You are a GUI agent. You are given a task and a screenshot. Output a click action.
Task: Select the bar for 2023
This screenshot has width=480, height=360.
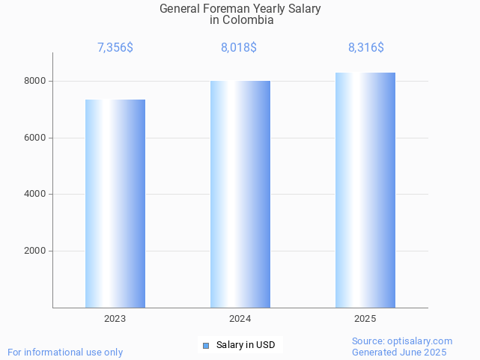(x=115, y=204)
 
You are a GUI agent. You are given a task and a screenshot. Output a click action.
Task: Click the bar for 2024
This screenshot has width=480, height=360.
(x=240, y=194)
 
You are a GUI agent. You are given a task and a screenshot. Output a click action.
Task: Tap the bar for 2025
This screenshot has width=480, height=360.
(x=365, y=190)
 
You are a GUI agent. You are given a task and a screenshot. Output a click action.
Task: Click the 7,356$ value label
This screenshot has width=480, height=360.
(x=115, y=48)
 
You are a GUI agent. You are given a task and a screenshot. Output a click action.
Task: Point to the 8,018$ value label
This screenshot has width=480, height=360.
(x=239, y=48)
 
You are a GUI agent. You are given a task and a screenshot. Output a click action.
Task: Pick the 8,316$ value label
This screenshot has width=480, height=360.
(x=365, y=48)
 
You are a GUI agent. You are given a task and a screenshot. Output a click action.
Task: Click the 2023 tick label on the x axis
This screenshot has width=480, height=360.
(x=115, y=319)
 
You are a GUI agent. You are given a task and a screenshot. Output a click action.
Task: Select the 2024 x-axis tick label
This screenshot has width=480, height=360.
(x=240, y=319)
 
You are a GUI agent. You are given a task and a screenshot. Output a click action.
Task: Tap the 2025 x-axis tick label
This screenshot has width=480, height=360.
(x=365, y=319)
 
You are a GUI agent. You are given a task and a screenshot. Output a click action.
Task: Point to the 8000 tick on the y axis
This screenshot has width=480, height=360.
(x=34, y=81)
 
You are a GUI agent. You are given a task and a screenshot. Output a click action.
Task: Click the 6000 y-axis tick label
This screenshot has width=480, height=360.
(x=34, y=138)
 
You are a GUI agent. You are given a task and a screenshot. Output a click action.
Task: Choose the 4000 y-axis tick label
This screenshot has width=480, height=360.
(x=34, y=195)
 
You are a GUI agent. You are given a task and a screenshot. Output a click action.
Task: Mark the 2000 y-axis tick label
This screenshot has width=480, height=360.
(x=34, y=251)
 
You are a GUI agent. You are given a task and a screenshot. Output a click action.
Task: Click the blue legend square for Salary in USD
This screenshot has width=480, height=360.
(x=206, y=345)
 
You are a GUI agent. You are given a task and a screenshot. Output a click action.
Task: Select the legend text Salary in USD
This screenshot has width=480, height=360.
(x=246, y=345)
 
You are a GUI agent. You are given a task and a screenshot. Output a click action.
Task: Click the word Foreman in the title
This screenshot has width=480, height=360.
(x=228, y=9)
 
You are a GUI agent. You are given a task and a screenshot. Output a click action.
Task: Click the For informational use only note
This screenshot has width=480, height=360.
(x=65, y=352)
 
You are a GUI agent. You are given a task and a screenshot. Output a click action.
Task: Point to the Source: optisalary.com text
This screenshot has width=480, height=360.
(x=402, y=341)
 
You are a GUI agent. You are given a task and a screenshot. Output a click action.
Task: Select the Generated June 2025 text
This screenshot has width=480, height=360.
(x=399, y=352)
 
